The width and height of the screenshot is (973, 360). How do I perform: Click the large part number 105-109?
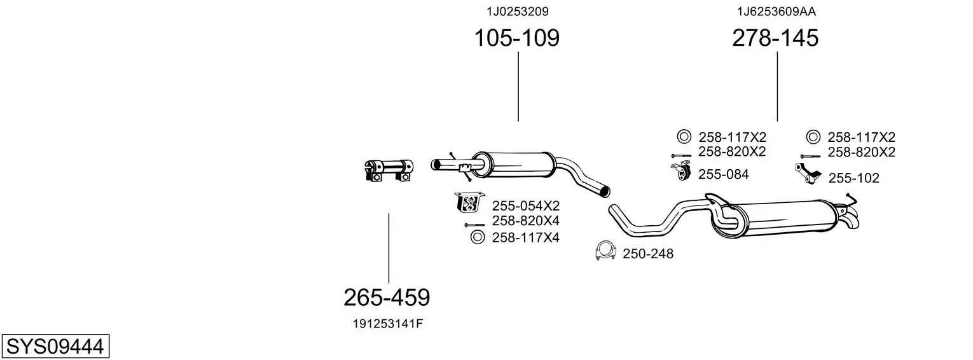[x=516, y=38]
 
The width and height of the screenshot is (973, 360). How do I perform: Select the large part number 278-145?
[x=775, y=38]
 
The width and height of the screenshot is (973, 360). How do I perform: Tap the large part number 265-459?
[x=387, y=298]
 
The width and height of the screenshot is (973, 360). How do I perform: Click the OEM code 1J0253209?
[x=517, y=11]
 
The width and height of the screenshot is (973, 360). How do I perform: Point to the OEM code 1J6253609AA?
[x=776, y=11]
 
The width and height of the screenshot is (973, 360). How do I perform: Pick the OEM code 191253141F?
[x=387, y=324]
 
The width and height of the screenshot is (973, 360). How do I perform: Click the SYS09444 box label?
[x=55, y=347]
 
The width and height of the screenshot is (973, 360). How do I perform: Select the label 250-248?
[x=647, y=254]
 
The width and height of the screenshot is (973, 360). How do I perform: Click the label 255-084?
[x=723, y=174]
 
